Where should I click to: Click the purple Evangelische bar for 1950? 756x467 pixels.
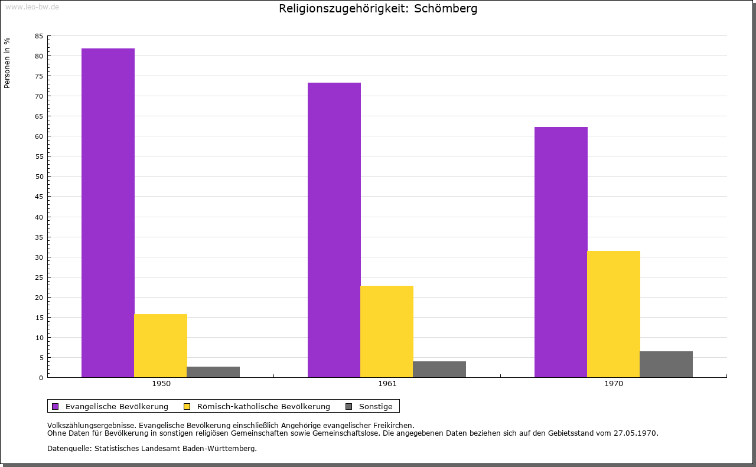coord(108,213)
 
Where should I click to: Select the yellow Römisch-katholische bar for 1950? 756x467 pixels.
coord(161,345)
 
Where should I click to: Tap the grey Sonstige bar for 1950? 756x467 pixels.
coord(213,372)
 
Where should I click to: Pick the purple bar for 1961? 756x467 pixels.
coord(334,230)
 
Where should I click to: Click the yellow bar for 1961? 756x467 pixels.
coord(387,331)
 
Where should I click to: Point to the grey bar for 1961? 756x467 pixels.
coord(439,369)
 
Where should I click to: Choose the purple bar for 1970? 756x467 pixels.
coord(561,252)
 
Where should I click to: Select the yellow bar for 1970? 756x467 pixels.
coord(614,314)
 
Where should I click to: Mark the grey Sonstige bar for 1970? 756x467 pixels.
coord(666,364)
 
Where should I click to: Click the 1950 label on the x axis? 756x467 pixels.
coord(161,384)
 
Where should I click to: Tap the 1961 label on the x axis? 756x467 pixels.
coord(387,384)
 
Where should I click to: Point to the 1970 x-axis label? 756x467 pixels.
coord(614,384)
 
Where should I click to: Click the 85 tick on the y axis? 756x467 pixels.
coord(39,36)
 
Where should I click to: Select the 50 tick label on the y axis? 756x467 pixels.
coord(39,177)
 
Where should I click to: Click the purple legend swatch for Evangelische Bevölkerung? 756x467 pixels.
coord(56,406)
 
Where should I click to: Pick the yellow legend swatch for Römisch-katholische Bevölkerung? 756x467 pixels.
coord(187,406)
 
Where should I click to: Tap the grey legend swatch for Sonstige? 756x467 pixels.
coord(348,406)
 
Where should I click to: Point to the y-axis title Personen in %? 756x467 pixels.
coord(7,63)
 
